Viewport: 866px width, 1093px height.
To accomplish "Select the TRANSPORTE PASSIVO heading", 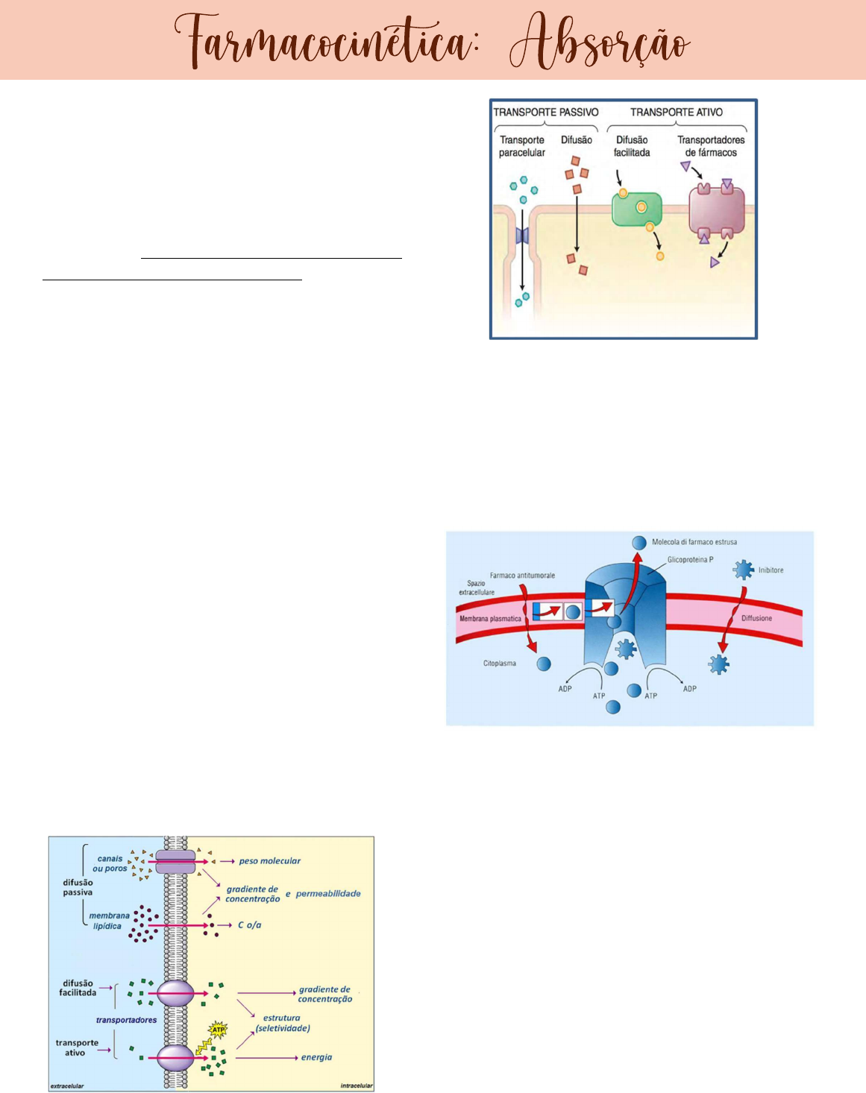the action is click(546, 112).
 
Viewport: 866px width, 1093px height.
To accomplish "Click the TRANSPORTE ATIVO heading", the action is click(677, 112).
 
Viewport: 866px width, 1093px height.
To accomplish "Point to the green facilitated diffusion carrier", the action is click(636, 209).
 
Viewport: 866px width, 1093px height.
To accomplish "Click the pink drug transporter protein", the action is click(716, 212).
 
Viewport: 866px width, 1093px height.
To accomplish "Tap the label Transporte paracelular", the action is click(522, 146).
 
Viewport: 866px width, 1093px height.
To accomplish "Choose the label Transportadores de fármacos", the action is click(711, 146).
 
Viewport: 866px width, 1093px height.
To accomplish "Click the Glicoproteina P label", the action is click(690, 559).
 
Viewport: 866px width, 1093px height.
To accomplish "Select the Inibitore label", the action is click(771, 570).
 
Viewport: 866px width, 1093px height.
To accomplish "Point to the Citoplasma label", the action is click(499, 663).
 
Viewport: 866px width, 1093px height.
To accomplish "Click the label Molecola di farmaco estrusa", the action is click(694, 542).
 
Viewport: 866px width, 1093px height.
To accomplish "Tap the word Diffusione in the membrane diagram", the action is click(756, 618).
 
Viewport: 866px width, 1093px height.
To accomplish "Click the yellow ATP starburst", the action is click(218, 1031).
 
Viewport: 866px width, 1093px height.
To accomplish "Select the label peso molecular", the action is click(269, 861).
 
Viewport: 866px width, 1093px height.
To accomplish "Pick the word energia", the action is click(316, 1057).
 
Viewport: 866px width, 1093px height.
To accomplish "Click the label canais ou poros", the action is click(110, 863).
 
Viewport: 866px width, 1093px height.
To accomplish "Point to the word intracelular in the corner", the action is click(356, 1086).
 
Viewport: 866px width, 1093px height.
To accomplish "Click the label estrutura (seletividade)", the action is click(282, 1023).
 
